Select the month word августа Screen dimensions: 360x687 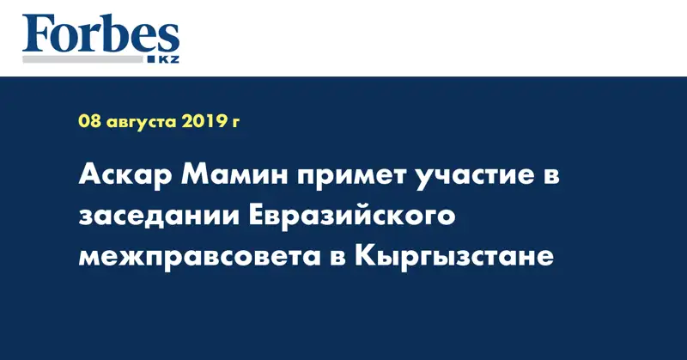(142, 122)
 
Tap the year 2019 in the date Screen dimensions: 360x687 (204, 122)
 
